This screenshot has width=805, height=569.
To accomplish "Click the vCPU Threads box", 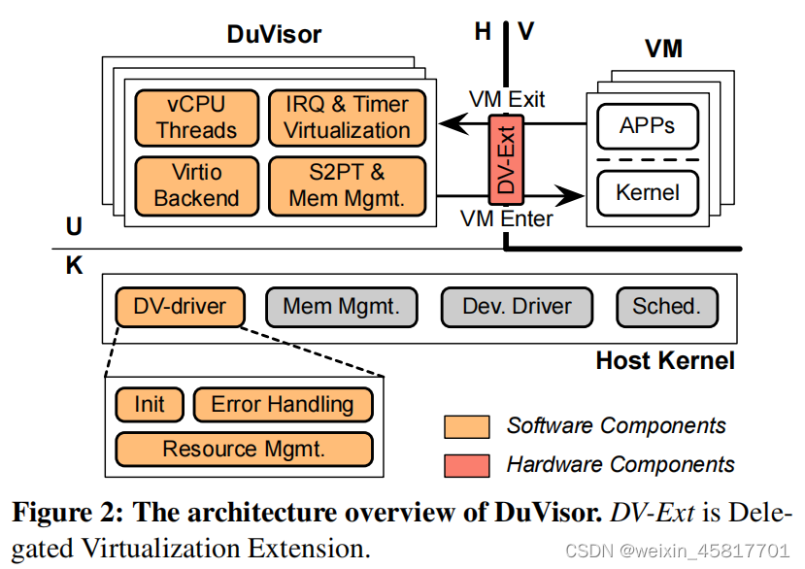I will point(197,117).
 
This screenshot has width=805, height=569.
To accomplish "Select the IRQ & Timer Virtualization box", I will point(347,117).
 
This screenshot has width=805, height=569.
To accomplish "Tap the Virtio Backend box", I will point(197,185).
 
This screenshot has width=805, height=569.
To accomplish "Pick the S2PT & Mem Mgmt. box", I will point(347,185).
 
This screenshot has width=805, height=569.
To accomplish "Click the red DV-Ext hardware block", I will point(505,160).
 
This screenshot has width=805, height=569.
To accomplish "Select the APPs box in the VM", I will point(648,126).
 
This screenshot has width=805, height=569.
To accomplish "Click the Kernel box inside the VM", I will point(648,193).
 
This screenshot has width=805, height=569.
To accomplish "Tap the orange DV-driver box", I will point(181,307).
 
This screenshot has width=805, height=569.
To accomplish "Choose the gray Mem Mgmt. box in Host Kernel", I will point(342,307).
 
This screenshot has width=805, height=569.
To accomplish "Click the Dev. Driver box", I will point(517,307).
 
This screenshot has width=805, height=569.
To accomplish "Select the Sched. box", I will point(667,307).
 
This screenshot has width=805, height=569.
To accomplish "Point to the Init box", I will point(149,404).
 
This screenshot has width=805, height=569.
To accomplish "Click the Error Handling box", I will point(283,404).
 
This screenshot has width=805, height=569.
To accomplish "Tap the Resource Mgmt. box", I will point(244,449).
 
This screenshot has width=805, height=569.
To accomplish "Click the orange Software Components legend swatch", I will point(466,426).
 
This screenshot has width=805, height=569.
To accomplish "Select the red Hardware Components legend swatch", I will point(466,465).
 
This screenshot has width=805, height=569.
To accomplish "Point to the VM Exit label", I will point(507,99).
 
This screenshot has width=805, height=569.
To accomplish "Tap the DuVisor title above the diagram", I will point(274,35).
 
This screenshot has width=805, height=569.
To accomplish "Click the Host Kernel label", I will point(665,361).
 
